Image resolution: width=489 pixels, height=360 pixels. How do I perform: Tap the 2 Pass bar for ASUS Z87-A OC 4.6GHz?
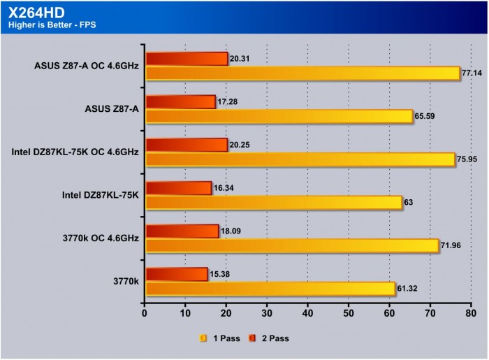click(187, 59)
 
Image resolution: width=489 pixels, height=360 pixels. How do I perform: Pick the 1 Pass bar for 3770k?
click(270, 289)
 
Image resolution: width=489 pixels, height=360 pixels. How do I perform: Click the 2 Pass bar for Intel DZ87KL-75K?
click(178, 188)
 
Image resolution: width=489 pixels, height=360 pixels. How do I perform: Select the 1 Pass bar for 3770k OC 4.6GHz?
click(292, 245)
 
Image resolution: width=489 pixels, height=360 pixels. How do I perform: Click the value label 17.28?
click(229, 102)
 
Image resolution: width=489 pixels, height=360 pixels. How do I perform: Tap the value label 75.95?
click(467, 159)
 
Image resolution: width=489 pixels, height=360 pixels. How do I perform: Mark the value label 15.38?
click(221, 273)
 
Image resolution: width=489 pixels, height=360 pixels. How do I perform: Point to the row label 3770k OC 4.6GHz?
click(101, 238)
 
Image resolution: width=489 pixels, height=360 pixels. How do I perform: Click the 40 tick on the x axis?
click(308, 314)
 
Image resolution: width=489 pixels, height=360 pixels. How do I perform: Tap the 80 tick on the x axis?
click(472, 314)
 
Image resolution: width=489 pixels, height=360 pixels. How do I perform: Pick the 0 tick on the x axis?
click(145, 314)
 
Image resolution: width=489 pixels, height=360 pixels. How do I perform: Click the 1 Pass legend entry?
click(221, 338)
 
